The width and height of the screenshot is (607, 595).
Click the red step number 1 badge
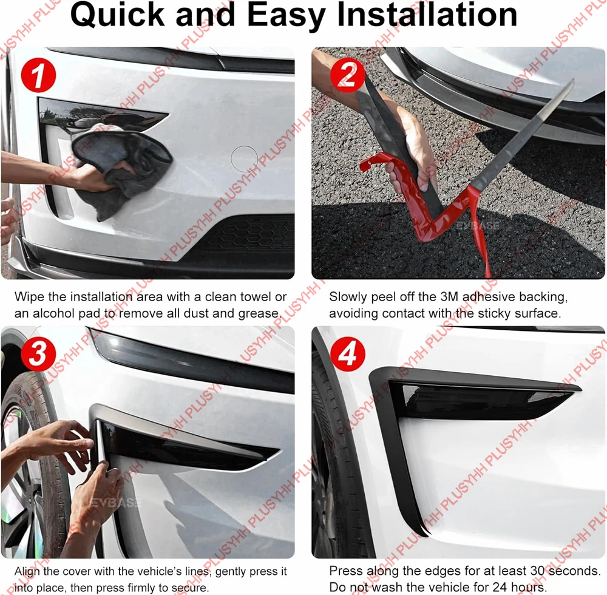[x=38, y=75]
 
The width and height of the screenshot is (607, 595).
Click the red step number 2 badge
[x=347, y=75]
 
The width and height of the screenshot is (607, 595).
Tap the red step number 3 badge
[x=38, y=354]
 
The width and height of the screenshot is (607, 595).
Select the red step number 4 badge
[x=347, y=354]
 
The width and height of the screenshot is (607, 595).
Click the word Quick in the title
[x=118, y=16]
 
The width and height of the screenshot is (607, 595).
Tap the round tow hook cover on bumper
[x=244, y=158]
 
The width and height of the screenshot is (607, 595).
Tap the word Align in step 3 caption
[x=27, y=572]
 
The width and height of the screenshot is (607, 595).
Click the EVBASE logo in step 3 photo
[x=114, y=503]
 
